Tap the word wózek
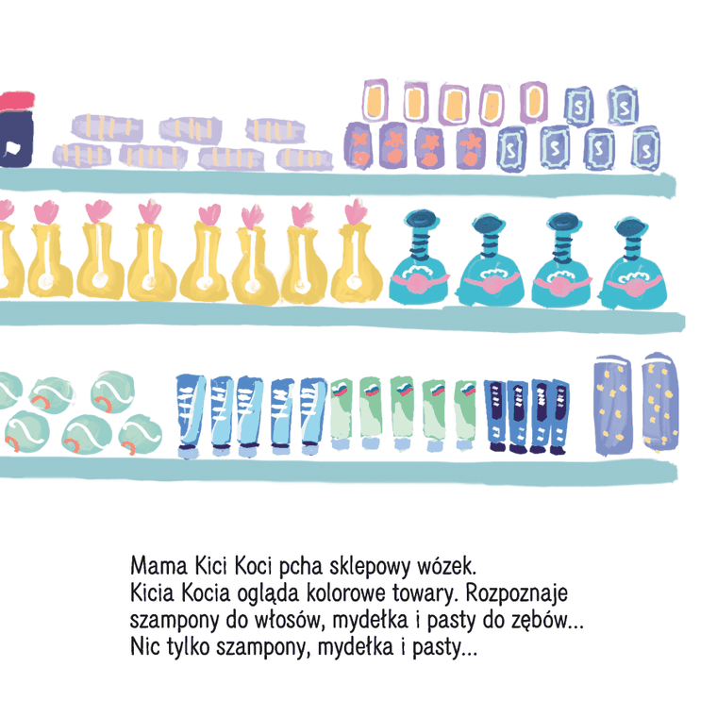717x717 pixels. pos(452,569)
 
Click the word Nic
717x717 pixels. pos(144,650)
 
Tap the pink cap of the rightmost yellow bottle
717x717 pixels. pos(355,212)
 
